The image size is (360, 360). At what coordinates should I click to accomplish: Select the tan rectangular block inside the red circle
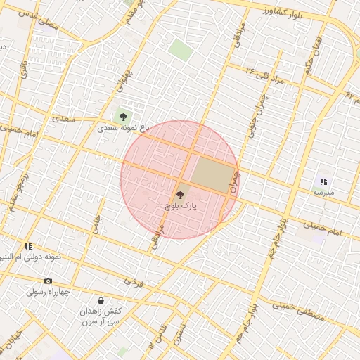click(213, 174)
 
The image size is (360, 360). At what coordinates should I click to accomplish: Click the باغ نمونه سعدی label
click(124, 128)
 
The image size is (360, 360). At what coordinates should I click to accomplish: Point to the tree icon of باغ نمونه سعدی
click(124, 116)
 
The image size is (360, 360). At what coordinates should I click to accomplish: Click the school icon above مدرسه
click(323, 181)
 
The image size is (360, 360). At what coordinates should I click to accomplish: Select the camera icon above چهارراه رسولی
click(48, 281)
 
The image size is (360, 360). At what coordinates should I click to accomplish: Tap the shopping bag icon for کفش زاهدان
click(101, 300)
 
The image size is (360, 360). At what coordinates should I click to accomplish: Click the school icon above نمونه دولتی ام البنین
click(29, 246)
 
